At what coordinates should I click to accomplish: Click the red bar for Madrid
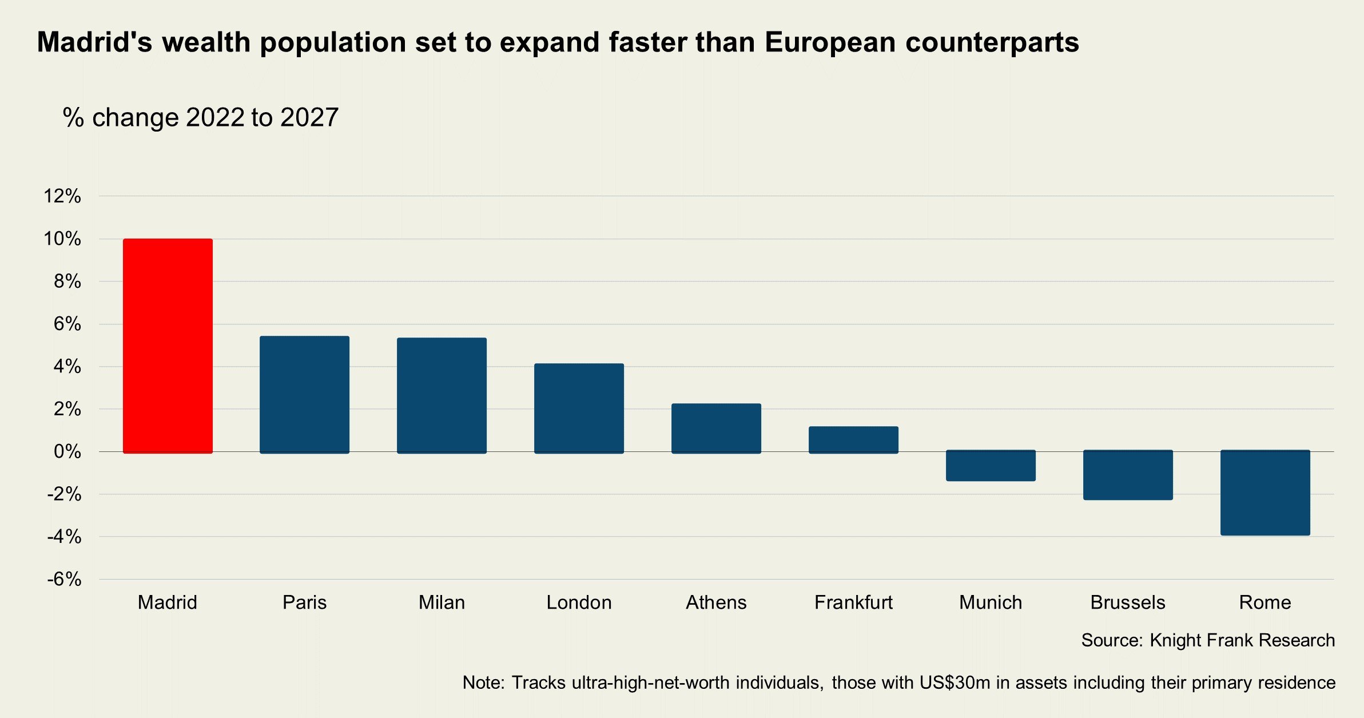[168, 346]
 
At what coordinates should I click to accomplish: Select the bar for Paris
[304, 395]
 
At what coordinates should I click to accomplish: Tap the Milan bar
[442, 395]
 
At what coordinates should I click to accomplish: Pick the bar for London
[579, 408]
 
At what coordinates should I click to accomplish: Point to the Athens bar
[716, 429]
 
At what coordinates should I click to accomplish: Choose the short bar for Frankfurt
[853, 440]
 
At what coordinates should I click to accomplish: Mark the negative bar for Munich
[991, 466]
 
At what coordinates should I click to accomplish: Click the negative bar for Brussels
[1128, 475]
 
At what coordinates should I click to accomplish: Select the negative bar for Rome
[1265, 493]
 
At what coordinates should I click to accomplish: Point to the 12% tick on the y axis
[62, 196]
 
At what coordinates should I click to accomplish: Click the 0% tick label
[67, 451]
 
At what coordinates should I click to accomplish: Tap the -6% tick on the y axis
[64, 579]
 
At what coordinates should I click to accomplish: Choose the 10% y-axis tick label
[62, 239]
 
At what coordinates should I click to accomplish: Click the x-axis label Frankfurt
[853, 602]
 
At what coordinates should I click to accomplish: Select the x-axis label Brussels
[1128, 602]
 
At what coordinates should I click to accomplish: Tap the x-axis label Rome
[1265, 602]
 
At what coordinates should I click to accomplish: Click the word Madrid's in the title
[94, 42]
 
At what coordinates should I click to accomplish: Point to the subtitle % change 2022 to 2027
[201, 117]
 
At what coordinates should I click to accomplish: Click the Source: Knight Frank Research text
[1208, 640]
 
